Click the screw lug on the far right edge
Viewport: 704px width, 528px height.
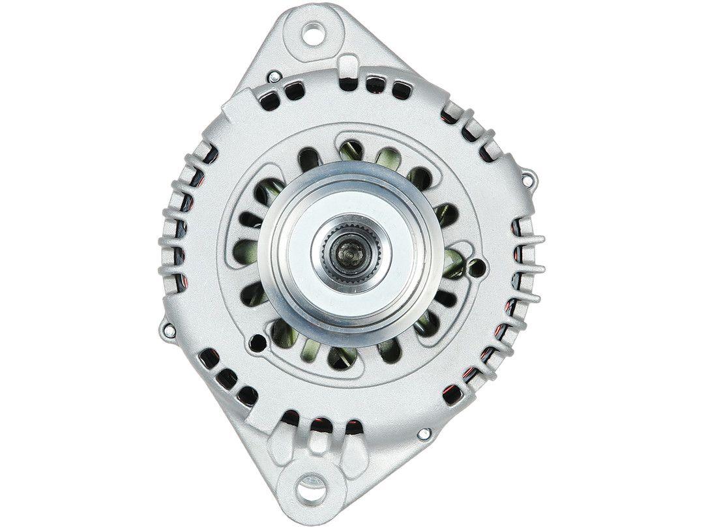(x=530, y=175)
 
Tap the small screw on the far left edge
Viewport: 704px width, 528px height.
(x=169, y=330)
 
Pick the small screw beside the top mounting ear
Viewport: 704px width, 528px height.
(x=275, y=77)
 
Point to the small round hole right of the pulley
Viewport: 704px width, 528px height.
(x=480, y=265)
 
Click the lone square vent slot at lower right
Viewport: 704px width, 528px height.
(x=448, y=393)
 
